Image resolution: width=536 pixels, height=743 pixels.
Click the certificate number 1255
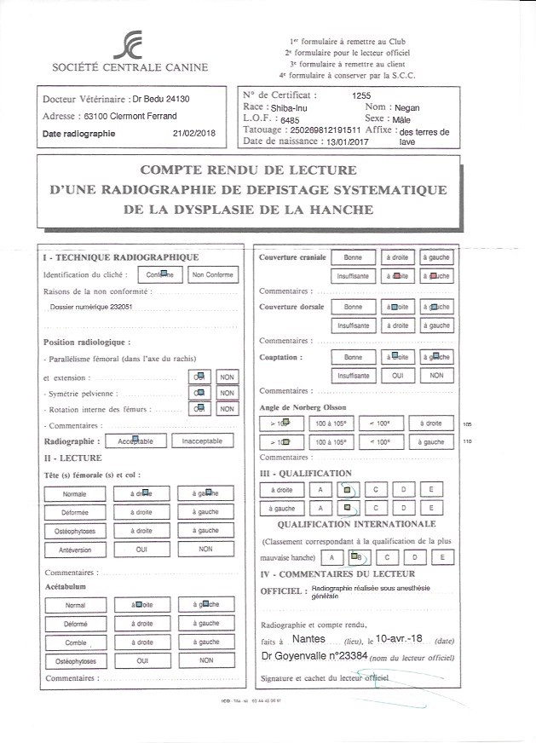coord(361,96)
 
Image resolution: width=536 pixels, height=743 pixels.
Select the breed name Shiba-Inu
coord(291,108)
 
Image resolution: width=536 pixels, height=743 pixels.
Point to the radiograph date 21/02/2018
coord(195,133)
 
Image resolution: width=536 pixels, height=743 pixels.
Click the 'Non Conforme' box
coord(212,274)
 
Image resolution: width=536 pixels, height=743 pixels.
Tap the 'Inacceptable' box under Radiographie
coord(202,441)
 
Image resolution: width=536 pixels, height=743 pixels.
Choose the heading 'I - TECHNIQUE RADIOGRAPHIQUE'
coord(120,256)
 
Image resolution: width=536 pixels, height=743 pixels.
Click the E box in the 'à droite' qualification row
coord(432,489)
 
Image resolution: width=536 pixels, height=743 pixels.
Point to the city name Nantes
coord(308,636)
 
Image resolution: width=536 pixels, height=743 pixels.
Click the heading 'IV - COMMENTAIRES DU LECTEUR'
coord(337,574)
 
